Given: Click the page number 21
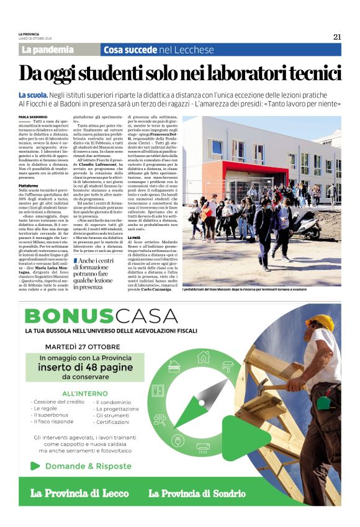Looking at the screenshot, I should (x=337, y=37).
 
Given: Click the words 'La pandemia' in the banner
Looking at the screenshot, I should (x=47, y=50).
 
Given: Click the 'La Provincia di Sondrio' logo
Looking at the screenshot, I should (x=197, y=493).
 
